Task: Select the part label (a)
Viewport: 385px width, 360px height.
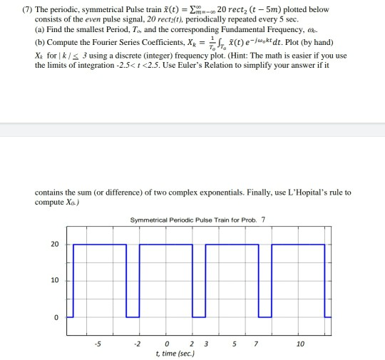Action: pos(40,30)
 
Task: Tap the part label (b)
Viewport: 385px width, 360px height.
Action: pos(40,41)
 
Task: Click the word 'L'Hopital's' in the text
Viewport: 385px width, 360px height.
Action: pos(307,193)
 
